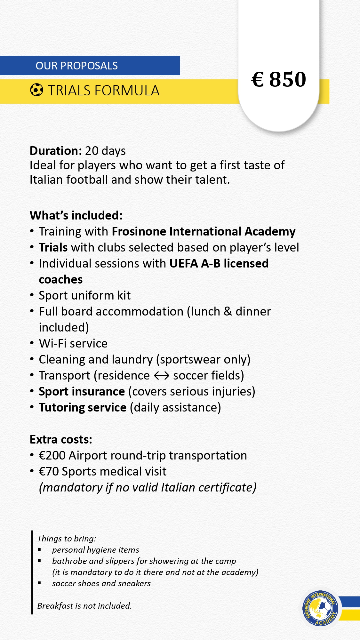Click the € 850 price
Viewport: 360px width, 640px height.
tap(279, 79)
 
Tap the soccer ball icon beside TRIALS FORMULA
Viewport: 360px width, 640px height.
tap(36, 90)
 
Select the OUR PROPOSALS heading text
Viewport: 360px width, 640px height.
tap(76, 66)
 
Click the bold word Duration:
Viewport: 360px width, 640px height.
tap(56, 151)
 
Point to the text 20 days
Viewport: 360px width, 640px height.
tap(105, 151)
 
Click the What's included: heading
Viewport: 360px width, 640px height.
tap(76, 215)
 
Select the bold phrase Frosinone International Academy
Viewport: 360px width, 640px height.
tap(204, 231)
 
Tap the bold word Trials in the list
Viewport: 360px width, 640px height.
tap(53, 247)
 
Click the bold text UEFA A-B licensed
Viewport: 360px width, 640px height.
tap(219, 263)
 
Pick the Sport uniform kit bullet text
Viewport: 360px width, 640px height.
tap(84, 295)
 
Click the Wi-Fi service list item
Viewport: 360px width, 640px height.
tap(73, 343)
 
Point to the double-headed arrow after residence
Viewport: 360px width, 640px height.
tap(162, 375)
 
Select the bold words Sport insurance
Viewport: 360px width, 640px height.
tap(82, 391)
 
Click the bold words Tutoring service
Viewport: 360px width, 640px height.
tap(83, 407)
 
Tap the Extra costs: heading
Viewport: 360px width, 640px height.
tap(61, 439)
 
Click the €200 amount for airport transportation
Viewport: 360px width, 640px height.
tap(52, 455)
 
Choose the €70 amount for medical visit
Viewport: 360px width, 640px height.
tap(49, 471)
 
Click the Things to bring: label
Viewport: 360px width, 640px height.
tap(67, 539)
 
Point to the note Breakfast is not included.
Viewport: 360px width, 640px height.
tap(84, 605)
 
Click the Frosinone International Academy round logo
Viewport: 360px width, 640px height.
tap(319, 608)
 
